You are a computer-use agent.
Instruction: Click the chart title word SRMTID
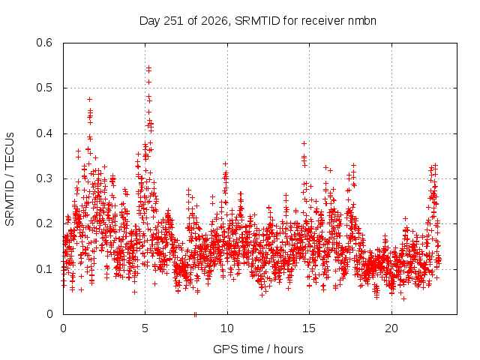point(257,21)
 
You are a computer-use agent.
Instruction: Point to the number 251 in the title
point(173,21)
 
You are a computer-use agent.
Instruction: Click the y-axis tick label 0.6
point(44,43)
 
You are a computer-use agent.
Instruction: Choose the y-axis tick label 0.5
point(44,88)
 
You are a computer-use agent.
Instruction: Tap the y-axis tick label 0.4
point(44,133)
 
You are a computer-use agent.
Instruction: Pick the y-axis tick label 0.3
point(44,178)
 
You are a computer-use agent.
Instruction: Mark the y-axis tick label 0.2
point(44,223)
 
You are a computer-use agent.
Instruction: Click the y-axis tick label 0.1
point(44,269)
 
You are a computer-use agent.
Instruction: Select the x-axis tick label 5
point(145,328)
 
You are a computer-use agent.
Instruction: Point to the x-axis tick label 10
point(227,328)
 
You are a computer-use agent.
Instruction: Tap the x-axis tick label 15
point(309,328)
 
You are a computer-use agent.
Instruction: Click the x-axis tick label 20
point(391,328)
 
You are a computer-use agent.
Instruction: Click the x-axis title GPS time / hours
point(258,349)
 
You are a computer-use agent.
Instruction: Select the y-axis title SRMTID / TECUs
point(10,179)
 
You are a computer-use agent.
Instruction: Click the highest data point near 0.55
point(149,67)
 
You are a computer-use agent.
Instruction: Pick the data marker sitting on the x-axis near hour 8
point(195,314)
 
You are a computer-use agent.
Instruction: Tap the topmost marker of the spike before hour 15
point(304,143)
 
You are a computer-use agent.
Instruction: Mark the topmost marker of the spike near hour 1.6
point(90,99)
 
